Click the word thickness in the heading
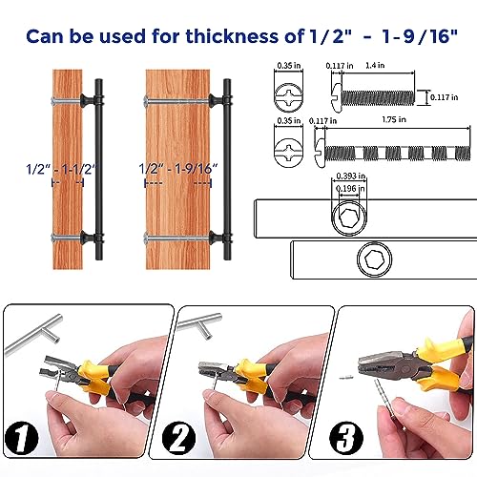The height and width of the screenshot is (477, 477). (233, 36)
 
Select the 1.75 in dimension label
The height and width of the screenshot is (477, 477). (394, 119)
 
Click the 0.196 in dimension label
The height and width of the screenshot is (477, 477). (350, 189)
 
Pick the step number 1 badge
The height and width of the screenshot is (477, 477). (22, 438)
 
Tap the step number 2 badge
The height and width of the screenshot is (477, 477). (178, 438)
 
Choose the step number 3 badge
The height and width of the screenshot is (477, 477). (346, 438)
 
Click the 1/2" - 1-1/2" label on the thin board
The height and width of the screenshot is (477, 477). (61, 169)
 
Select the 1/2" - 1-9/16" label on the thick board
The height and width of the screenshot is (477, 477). (178, 169)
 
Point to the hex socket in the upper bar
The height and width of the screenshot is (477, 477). (349, 218)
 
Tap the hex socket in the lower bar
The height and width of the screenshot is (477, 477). (374, 259)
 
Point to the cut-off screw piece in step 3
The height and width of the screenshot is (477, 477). (344, 378)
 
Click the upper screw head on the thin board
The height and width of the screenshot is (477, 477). (53, 101)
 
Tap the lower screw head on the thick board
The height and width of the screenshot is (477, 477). (145, 238)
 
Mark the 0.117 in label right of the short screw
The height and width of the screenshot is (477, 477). (445, 97)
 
